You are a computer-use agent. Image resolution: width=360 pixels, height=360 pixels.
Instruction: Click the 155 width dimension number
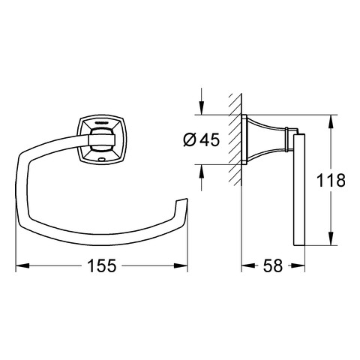tap(102, 265)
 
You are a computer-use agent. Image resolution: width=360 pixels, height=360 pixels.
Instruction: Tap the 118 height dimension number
tap(331, 180)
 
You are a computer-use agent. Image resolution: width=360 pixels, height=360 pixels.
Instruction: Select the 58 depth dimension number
tap(273, 265)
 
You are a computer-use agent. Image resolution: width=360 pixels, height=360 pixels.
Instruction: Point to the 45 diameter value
tap(210, 139)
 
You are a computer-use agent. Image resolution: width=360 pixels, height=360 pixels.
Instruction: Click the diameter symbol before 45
tap(189, 139)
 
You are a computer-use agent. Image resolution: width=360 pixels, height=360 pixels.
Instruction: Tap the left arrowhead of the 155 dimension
tap(22, 265)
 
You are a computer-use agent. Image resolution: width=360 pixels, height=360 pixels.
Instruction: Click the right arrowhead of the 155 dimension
tap(181, 265)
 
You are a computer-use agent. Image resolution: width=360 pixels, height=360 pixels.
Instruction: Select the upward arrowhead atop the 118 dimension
tap(331, 121)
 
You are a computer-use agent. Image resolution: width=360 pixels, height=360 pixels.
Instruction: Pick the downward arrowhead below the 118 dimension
tap(331, 238)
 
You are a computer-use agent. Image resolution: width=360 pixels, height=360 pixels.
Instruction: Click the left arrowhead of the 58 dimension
tap(248, 265)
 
